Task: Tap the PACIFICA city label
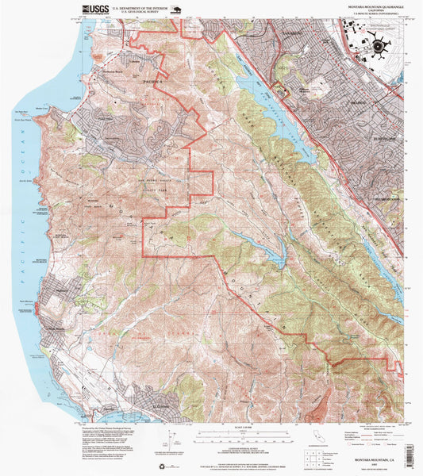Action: tap(152, 80)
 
